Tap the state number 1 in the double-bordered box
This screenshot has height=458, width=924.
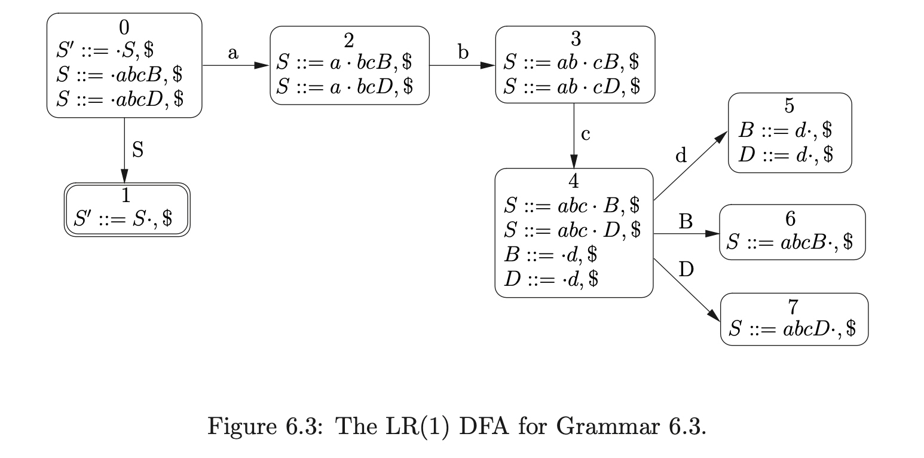click(x=126, y=196)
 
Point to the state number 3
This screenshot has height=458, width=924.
click(x=575, y=39)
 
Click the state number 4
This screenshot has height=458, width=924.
click(x=573, y=181)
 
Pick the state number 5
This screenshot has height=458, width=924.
click(x=789, y=106)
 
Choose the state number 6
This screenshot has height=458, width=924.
click(x=791, y=218)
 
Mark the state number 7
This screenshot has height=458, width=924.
click(x=793, y=307)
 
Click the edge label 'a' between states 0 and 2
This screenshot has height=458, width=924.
click(x=233, y=53)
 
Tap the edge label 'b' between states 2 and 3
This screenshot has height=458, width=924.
click(x=463, y=53)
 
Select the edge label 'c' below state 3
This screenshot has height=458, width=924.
click(x=586, y=135)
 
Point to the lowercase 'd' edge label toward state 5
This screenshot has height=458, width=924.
click(x=681, y=156)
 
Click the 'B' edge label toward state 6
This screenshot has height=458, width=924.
click(x=686, y=222)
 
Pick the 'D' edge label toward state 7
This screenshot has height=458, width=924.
click(x=687, y=270)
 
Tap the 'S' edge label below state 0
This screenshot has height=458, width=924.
click(x=137, y=150)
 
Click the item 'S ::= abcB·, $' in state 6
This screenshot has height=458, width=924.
click(x=790, y=242)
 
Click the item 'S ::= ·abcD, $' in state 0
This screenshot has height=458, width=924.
click(x=120, y=99)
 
